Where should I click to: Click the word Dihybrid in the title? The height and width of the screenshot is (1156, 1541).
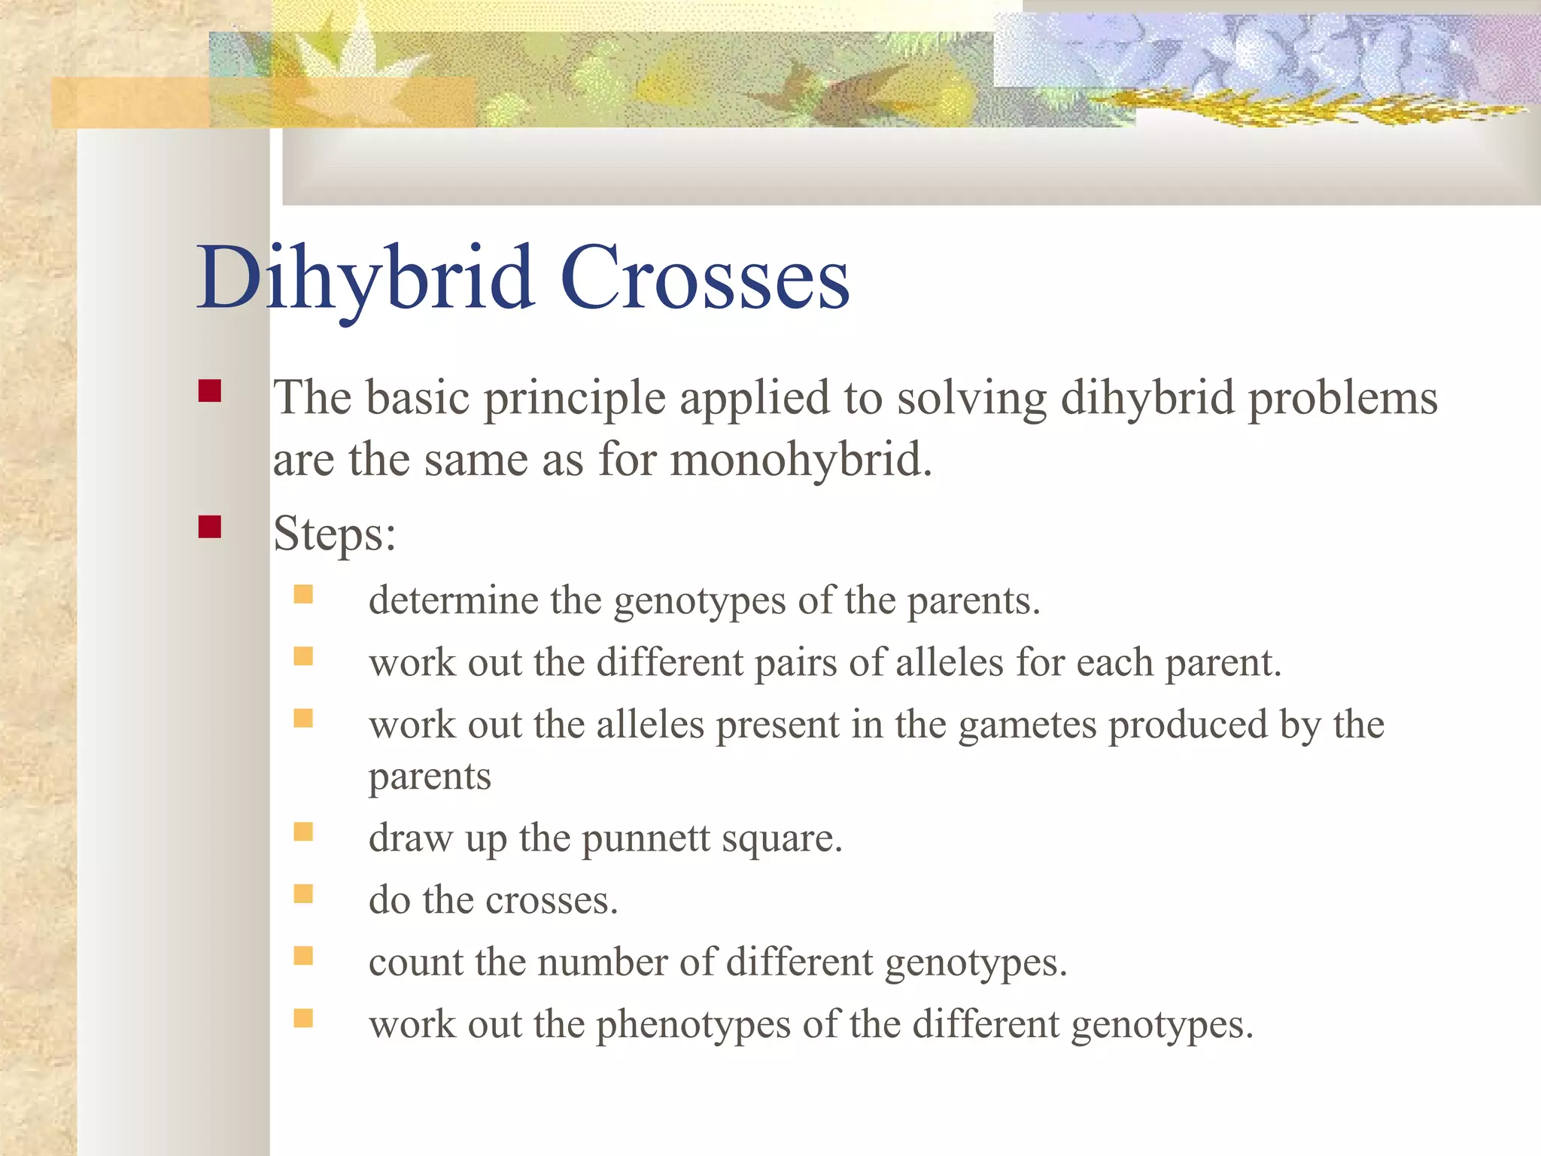tap(366, 278)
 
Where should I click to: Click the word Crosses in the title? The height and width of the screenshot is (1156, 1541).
tap(704, 278)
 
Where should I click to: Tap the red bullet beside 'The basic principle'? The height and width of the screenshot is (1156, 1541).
tap(210, 391)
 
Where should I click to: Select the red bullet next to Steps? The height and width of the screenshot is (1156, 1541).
tap(210, 527)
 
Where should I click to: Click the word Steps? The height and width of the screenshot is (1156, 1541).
tap(334, 534)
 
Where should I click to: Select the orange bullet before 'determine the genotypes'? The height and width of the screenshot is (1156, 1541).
tap(303, 595)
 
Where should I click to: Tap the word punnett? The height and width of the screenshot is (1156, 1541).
tap(646, 838)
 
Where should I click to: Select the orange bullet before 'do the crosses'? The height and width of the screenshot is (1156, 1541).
tap(303, 894)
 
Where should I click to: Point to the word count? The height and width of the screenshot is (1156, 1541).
tap(415, 963)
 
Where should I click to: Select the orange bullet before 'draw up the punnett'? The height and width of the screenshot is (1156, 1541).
tap(303, 832)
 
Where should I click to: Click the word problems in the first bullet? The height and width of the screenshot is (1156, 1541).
tap(1342, 399)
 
